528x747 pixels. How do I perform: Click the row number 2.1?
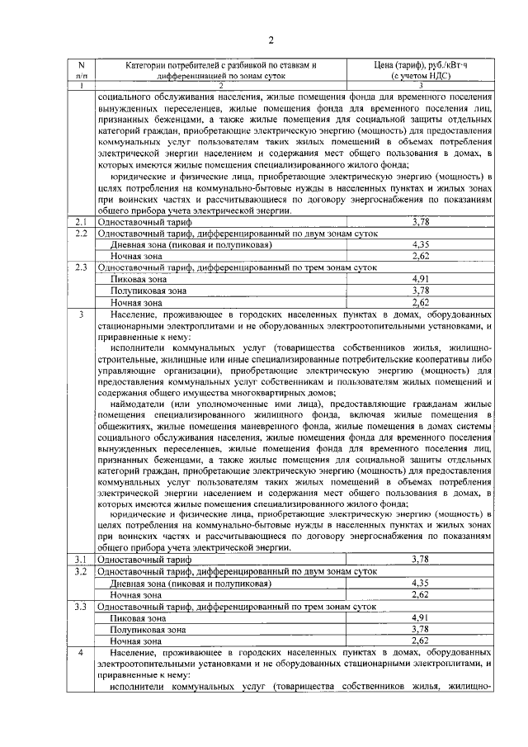click(x=81, y=223)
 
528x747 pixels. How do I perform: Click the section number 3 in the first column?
click(x=81, y=315)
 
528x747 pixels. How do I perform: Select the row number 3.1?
click(x=81, y=560)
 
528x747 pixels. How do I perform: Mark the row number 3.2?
click(x=81, y=571)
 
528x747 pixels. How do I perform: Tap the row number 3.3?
click(x=81, y=606)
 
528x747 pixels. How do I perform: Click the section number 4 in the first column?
click(x=81, y=652)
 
